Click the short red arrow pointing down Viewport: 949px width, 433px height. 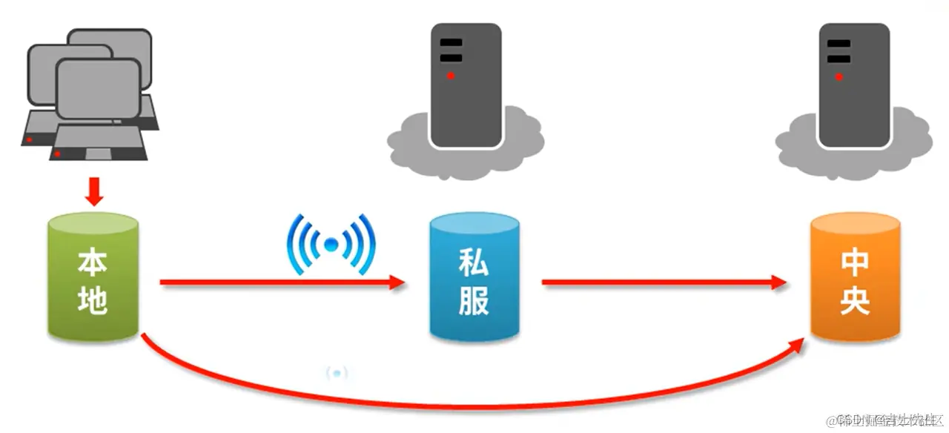(x=94, y=191)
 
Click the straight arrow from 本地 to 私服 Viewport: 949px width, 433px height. (x=282, y=282)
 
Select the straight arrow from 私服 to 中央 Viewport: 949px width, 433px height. (x=664, y=282)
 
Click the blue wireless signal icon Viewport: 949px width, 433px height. (x=331, y=243)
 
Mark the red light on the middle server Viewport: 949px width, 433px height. (x=450, y=76)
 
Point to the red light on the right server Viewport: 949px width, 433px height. (x=839, y=76)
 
